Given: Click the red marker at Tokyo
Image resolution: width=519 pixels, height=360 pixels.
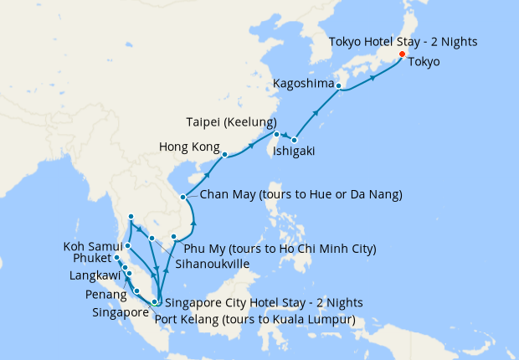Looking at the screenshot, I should pyautogui.click(x=402, y=55).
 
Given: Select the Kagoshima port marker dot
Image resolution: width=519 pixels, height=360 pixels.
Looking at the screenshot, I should pyautogui.click(x=339, y=85).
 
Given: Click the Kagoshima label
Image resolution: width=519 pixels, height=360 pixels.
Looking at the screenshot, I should pyautogui.click(x=302, y=84).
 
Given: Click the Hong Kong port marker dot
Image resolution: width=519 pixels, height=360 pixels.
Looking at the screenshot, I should pyautogui.click(x=224, y=155).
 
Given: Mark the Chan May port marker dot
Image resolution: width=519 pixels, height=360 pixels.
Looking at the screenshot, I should pyautogui.click(x=183, y=198).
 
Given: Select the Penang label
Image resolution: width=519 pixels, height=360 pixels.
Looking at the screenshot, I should pyautogui.click(x=106, y=296).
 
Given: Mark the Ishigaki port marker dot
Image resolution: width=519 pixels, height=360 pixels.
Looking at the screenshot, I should pyautogui.click(x=295, y=139).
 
